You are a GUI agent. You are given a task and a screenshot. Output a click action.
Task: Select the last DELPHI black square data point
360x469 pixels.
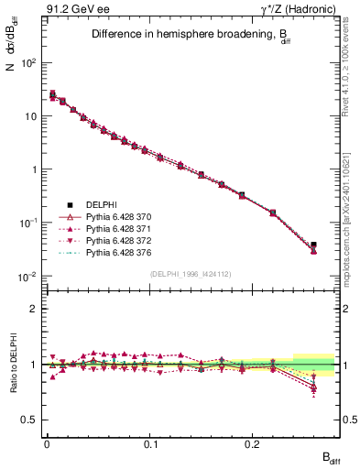(313, 245)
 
